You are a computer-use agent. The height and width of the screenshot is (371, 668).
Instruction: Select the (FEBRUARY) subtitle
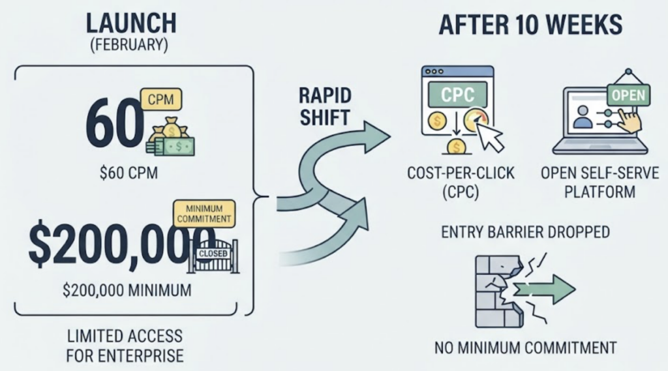click(129, 46)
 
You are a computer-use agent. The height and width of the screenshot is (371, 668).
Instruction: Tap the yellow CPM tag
click(160, 99)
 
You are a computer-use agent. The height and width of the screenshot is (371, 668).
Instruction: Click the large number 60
click(114, 123)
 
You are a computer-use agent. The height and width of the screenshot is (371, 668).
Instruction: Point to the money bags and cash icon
click(171, 137)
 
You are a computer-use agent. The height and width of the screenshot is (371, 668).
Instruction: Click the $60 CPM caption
click(129, 173)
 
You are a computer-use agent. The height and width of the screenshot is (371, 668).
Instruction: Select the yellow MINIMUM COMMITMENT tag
click(204, 214)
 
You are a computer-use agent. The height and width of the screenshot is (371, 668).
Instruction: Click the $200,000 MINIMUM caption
click(127, 291)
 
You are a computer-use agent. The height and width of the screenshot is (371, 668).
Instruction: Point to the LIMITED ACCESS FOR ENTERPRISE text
click(125, 346)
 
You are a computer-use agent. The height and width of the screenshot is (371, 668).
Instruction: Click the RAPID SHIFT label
click(325, 106)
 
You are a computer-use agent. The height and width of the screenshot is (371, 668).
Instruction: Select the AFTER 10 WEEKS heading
click(530, 24)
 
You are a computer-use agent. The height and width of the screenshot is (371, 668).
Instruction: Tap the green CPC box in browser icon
click(457, 95)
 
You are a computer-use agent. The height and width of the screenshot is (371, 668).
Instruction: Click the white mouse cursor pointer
click(489, 136)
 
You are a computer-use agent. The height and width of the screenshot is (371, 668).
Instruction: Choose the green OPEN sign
click(628, 95)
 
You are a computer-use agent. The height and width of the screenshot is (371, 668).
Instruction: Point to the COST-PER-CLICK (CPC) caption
click(461, 183)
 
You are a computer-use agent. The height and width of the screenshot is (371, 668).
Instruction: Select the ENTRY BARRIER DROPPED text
click(525, 232)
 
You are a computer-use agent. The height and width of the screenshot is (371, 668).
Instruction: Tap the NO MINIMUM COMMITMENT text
click(526, 348)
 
